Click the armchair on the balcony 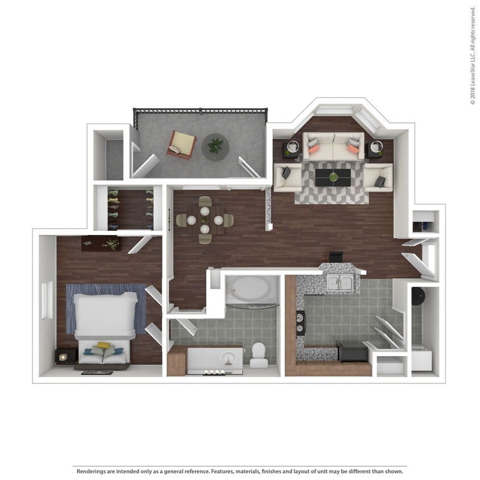tap(181, 144)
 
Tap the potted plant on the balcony tap(216, 146)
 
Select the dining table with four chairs tap(204, 220)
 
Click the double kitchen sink tap(340, 282)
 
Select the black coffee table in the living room tap(333, 176)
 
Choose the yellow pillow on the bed tap(103, 345)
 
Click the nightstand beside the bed tap(65, 356)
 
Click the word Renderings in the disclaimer tap(94, 471)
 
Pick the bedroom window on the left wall tap(47, 300)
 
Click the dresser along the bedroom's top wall tap(101, 243)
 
